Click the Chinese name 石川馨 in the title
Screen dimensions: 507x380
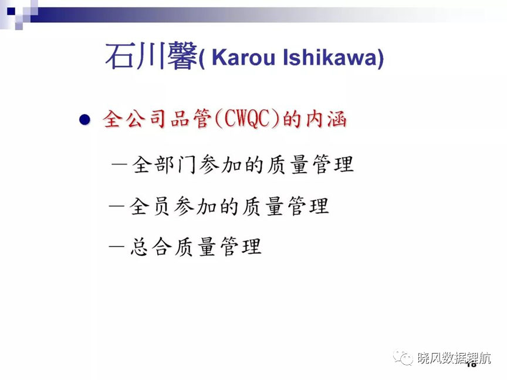[x=151, y=56]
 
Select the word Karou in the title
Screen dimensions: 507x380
[x=243, y=58]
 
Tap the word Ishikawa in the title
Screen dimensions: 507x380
[x=330, y=58]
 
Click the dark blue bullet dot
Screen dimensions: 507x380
[x=84, y=120]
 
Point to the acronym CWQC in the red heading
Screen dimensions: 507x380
[x=246, y=119]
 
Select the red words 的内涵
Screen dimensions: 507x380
[x=315, y=119]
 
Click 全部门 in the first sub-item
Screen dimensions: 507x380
[x=164, y=164]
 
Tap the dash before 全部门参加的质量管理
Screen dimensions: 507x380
[x=119, y=164]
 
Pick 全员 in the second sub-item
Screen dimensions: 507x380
[x=150, y=206]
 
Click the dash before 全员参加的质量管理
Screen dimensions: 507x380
[x=117, y=206]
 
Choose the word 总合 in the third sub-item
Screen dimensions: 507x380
[x=151, y=247]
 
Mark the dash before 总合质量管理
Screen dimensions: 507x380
[x=117, y=246]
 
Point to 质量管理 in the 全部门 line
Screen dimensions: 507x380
[x=310, y=164]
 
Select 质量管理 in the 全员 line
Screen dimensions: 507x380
[x=286, y=206]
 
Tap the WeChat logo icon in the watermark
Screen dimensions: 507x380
[x=403, y=357]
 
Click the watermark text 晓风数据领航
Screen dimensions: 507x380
[x=454, y=358]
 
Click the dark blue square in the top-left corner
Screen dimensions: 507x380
[x=11, y=11]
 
